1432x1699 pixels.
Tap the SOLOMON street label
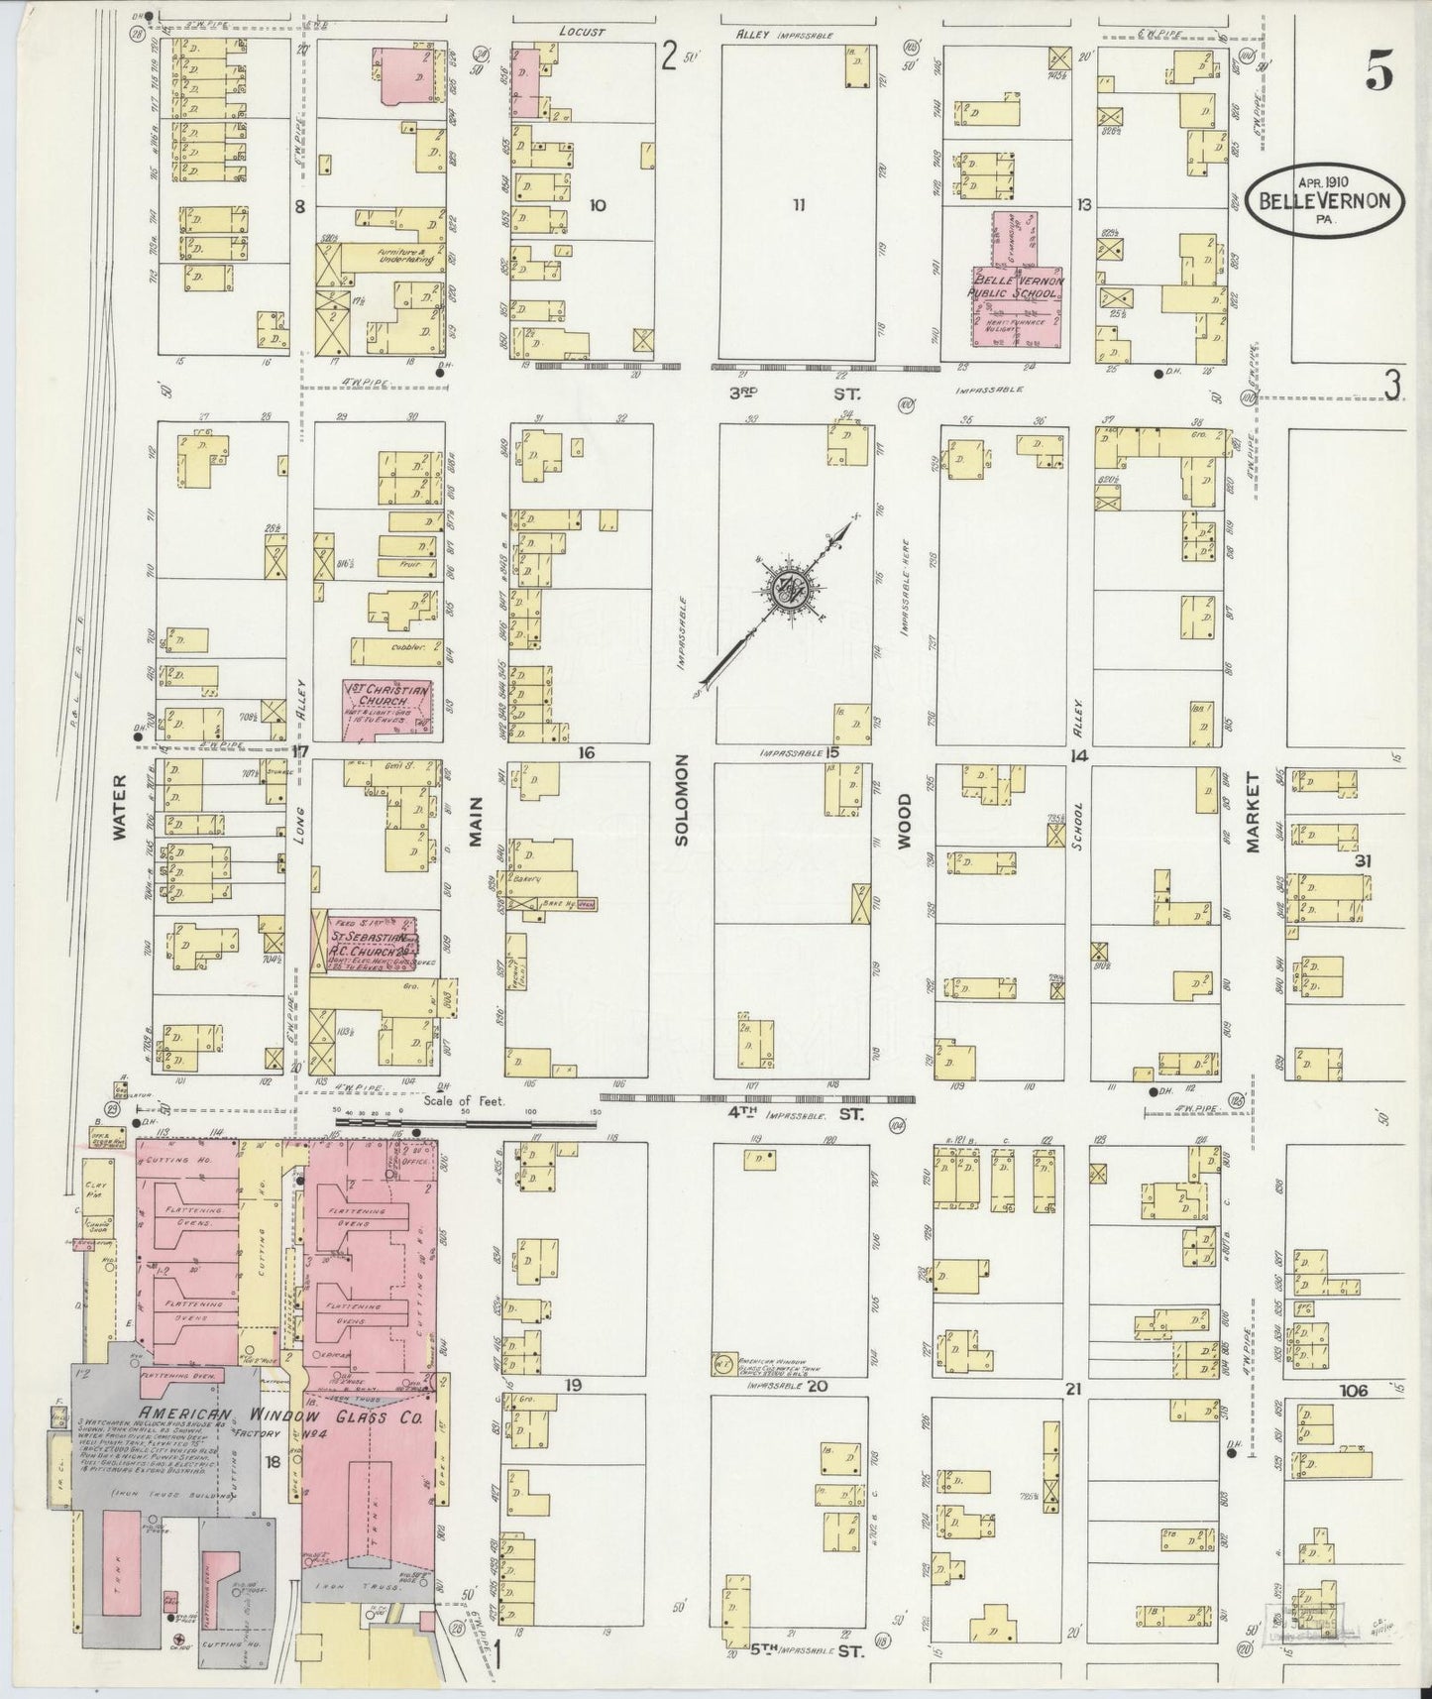coord(681,814)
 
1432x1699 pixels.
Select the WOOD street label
coord(904,822)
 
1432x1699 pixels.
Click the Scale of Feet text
coord(464,1100)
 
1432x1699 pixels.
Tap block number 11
coord(799,206)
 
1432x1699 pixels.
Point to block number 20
coord(817,1387)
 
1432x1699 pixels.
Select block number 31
coord(1363,861)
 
